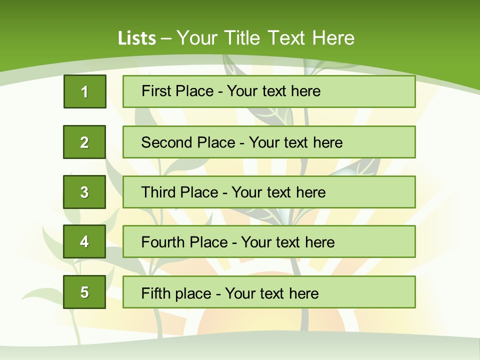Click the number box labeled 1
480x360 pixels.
(85, 91)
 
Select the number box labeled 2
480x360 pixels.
(84, 142)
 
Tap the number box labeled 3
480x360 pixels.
(84, 192)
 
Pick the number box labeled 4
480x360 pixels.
(84, 242)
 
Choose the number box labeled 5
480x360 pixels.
(84, 292)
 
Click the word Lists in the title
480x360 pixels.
(137, 38)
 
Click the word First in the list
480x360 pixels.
(156, 91)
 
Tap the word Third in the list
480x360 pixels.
(159, 192)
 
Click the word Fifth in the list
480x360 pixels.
(155, 293)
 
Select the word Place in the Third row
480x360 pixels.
(199, 192)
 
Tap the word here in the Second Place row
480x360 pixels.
(328, 142)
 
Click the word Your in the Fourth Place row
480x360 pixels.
(256, 242)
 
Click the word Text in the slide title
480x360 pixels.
(287, 38)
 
